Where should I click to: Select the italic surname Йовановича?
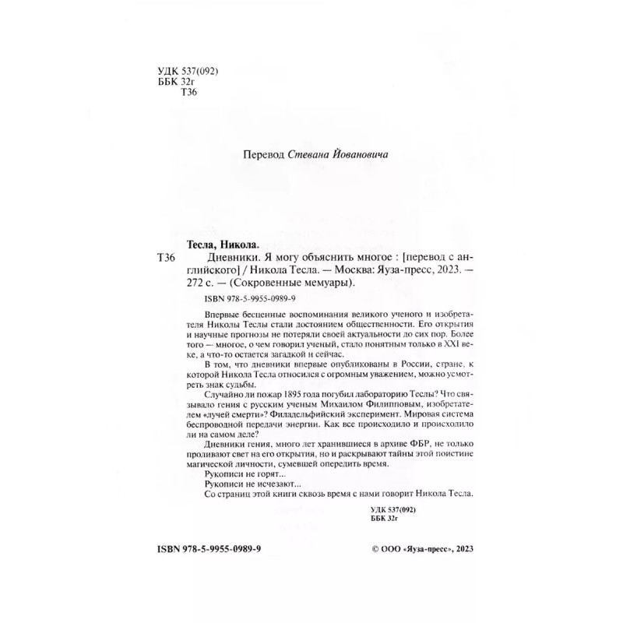click(361, 155)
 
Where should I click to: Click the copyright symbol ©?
click(368, 548)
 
